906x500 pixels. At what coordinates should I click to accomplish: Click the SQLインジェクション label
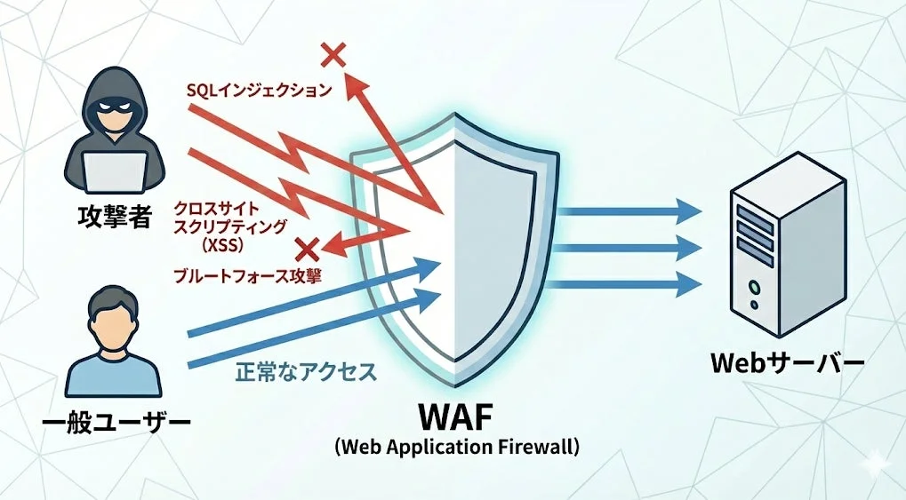(x=259, y=90)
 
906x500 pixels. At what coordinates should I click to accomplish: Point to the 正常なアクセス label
(x=306, y=372)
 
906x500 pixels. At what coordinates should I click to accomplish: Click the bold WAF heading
(x=456, y=415)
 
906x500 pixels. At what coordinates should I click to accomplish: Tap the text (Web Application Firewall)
(x=457, y=446)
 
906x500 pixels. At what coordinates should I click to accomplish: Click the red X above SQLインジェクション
(x=333, y=55)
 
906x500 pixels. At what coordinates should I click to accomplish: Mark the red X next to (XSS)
(x=309, y=248)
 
